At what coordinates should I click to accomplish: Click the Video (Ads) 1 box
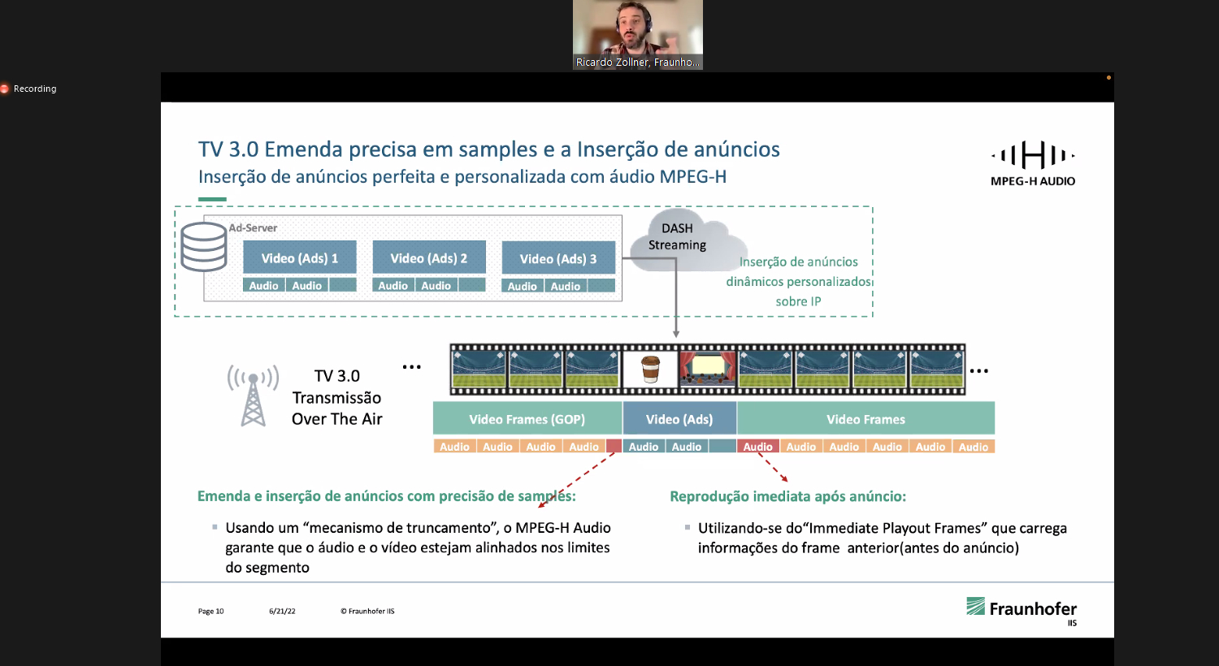(x=299, y=257)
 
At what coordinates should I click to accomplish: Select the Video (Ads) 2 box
(x=429, y=257)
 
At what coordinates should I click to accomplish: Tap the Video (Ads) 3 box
(x=558, y=257)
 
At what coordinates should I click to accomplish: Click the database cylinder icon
(x=203, y=247)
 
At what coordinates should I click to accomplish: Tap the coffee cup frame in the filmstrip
(x=650, y=370)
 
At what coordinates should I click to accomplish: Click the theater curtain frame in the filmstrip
(x=708, y=370)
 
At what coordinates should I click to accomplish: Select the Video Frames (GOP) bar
(x=527, y=419)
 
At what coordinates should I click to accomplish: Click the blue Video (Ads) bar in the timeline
(x=679, y=419)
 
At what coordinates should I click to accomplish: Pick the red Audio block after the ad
(x=758, y=447)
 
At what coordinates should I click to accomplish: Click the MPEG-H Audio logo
(x=1032, y=163)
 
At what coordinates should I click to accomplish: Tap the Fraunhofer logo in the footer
(x=1022, y=611)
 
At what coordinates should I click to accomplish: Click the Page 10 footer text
(x=210, y=611)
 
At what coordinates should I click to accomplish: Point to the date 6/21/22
(x=282, y=611)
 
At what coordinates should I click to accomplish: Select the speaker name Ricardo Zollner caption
(x=637, y=62)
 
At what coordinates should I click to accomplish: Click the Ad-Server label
(x=253, y=227)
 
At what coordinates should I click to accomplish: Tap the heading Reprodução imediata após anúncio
(x=787, y=496)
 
